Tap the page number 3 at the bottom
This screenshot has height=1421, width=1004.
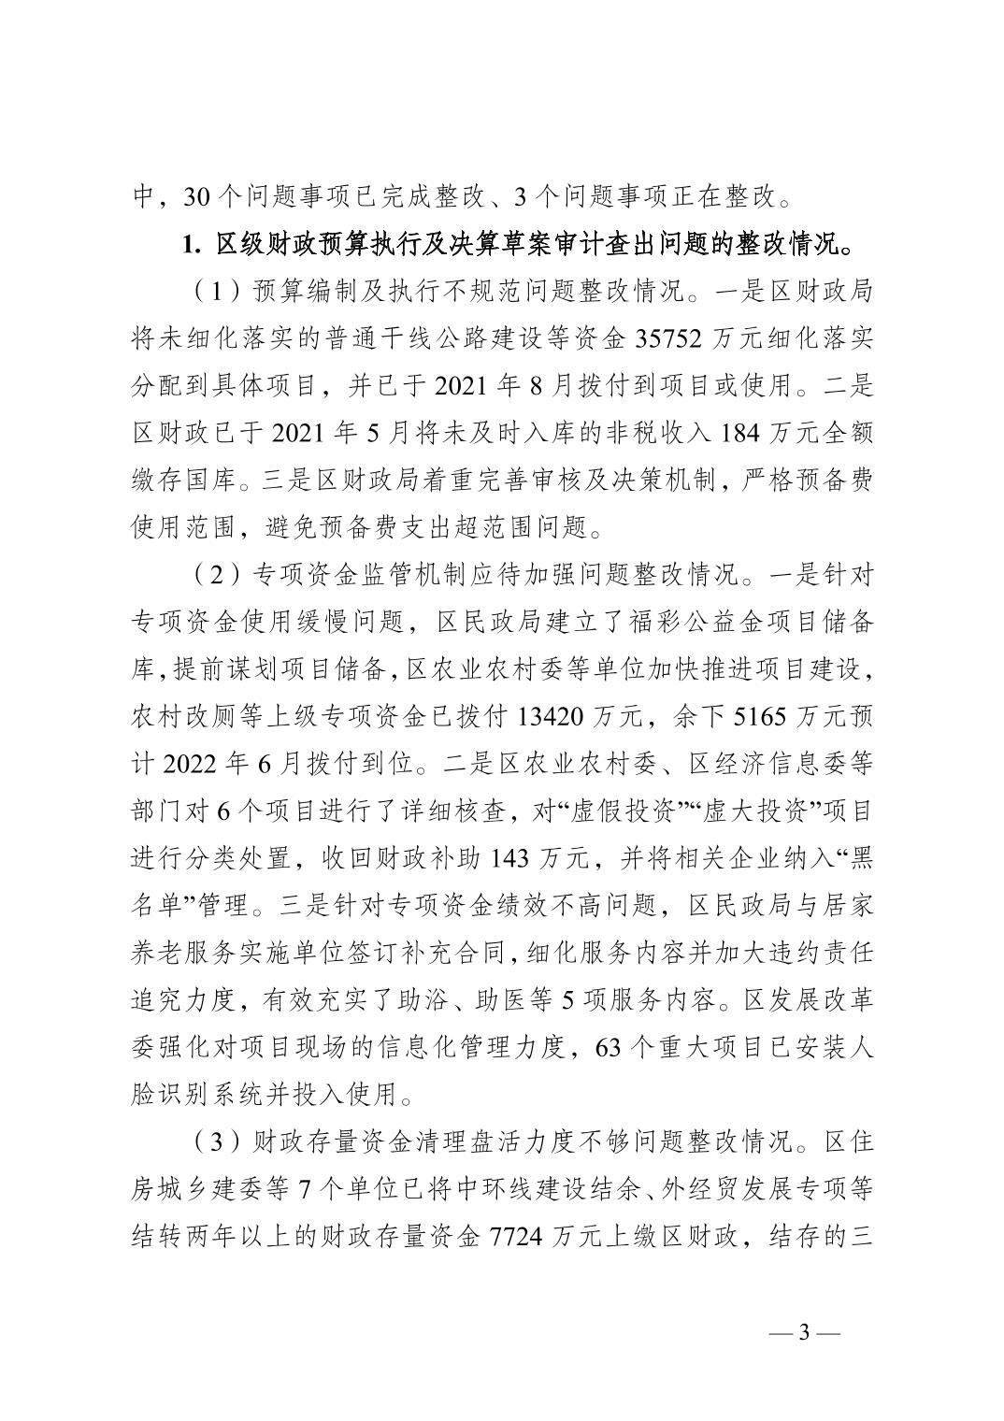pos(803,1359)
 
